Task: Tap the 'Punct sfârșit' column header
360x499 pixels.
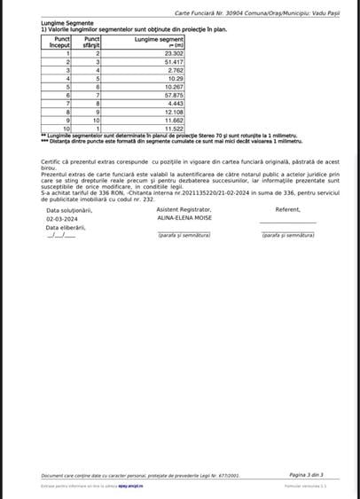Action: [x=92, y=42]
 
